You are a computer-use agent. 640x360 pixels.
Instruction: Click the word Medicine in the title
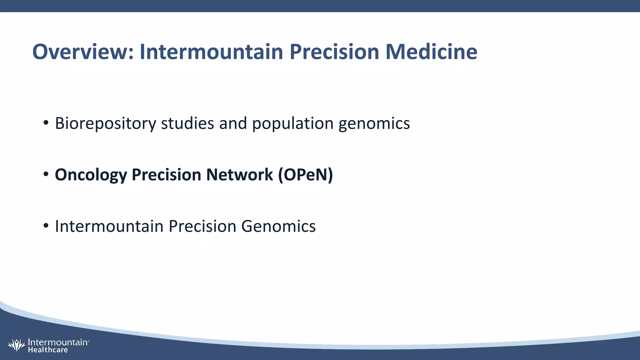[431, 52]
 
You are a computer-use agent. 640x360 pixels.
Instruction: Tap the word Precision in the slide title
[334, 52]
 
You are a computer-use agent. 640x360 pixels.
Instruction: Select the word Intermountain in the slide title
[211, 52]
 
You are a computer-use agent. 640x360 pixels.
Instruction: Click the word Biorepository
[105, 124]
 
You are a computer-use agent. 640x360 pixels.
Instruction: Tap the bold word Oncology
[91, 175]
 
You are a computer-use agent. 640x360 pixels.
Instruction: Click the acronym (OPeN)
[306, 175]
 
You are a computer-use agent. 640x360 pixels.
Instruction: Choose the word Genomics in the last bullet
[278, 226]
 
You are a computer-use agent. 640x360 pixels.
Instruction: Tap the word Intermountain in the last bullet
[109, 226]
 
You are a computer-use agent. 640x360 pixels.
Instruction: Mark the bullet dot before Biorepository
[46, 123]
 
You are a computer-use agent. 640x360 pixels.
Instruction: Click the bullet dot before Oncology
[46, 174]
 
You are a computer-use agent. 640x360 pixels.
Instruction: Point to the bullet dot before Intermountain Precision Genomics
[46, 226]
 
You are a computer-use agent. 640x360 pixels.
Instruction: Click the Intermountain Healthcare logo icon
[16, 345]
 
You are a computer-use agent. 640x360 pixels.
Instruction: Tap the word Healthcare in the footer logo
[48, 350]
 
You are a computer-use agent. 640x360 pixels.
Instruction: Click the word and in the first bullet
[233, 124]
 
